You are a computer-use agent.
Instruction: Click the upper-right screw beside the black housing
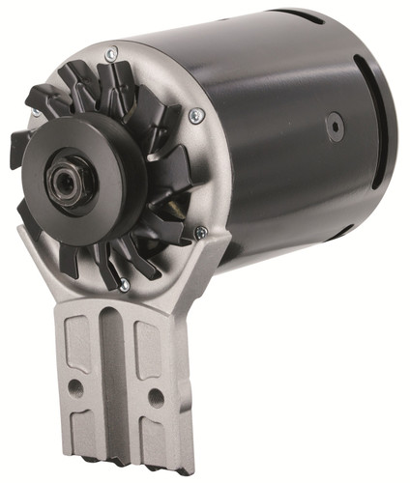197,115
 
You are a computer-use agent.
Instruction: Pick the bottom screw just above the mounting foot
124,284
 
